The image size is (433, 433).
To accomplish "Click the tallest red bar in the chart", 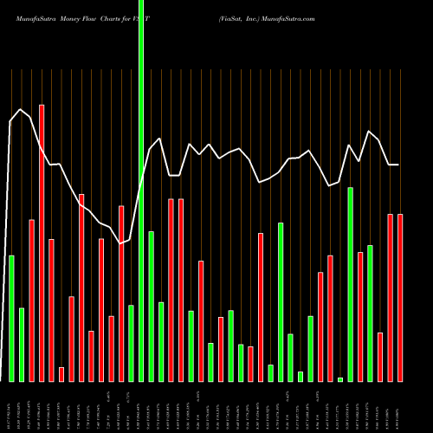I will coord(42,242).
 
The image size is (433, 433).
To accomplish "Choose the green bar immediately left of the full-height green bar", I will coord(131,343).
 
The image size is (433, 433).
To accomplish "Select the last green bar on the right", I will coord(371,313).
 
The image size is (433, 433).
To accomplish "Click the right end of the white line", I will coord(399,165).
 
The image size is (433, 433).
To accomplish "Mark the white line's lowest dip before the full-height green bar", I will coord(120,243).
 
